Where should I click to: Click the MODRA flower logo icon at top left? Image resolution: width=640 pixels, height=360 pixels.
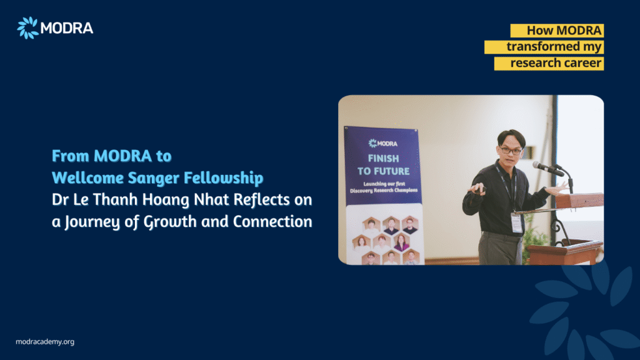click(x=27, y=27)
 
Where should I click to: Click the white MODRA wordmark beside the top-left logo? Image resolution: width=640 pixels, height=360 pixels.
click(x=67, y=28)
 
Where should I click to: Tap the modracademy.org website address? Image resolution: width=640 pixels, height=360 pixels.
click(x=45, y=342)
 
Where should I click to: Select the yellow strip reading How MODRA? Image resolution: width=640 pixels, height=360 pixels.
click(x=557, y=31)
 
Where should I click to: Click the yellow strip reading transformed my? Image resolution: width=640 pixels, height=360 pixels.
click(x=544, y=47)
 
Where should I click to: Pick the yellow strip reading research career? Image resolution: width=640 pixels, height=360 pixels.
click(x=549, y=63)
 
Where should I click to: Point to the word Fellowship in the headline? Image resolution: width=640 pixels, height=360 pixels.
click(x=224, y=178)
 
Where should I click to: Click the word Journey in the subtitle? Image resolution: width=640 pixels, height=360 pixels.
click(x=92, y=222)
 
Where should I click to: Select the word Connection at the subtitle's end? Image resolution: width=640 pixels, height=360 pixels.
click(x=272, y=222)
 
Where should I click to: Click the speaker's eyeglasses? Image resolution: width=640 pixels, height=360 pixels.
click(x=510, y=150)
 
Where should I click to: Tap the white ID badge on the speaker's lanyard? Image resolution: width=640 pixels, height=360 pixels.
click(x=517, y=223)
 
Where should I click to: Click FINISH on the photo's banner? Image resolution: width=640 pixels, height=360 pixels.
click(x=383, y=158)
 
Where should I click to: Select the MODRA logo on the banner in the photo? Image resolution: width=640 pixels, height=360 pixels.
click(x=383, y=143)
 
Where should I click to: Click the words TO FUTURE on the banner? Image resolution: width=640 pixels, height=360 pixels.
click(x=383, y=171)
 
